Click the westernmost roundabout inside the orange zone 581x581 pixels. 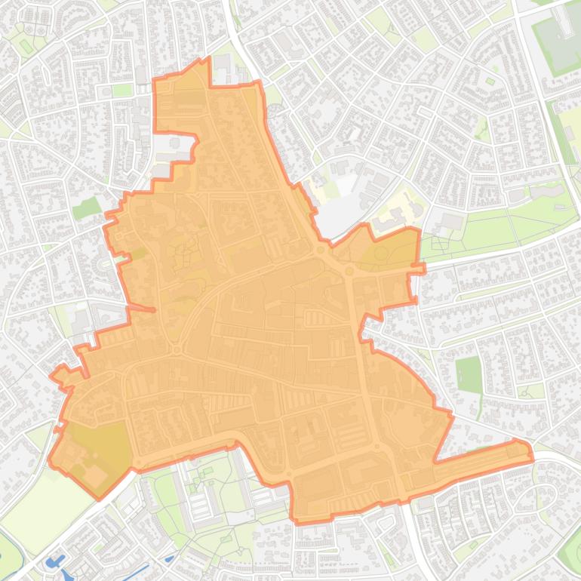click(177, 349)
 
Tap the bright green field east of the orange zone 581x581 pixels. click(469, 374)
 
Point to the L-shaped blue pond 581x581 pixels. click(55, 563)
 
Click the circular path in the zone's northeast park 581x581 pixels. click(381, 254)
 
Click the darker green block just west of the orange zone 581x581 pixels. click(87, 207)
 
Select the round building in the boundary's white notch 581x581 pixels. click(174, 143)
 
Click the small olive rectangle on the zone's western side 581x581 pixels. click(139, 254)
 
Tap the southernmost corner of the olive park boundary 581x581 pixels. click(99, 499)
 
